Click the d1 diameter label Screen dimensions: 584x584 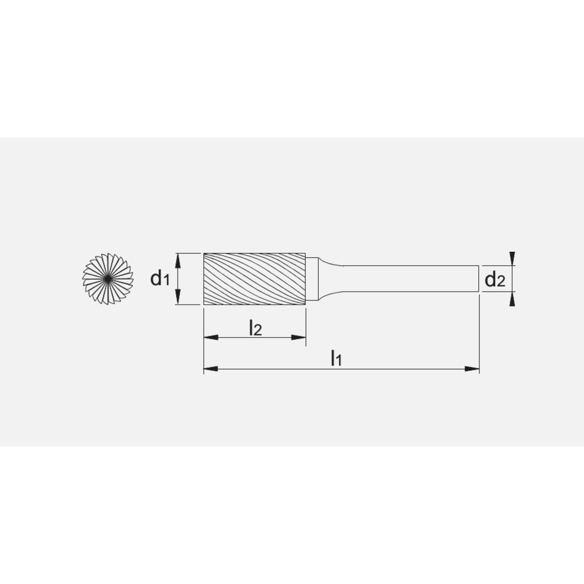(x=159, y=279)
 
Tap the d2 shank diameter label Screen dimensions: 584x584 (x=495, y=280)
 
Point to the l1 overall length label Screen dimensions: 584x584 (x=336, y=357)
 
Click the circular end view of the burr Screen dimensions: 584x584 (x=108, y=279)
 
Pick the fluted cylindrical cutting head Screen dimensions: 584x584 (x=254, y=279)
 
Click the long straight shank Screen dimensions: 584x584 (x=409, y=279)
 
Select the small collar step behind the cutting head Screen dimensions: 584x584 (x=312, y=279)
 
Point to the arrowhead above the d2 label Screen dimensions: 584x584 (x=512, y=258)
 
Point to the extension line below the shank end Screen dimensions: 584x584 (x=479, y=333)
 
